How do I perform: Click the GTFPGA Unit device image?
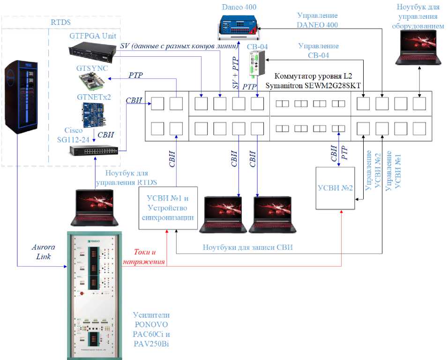[x=92, y=52]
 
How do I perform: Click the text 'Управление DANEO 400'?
[x=318, y=20]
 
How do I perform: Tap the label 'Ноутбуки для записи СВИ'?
[x=248, y=247]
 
